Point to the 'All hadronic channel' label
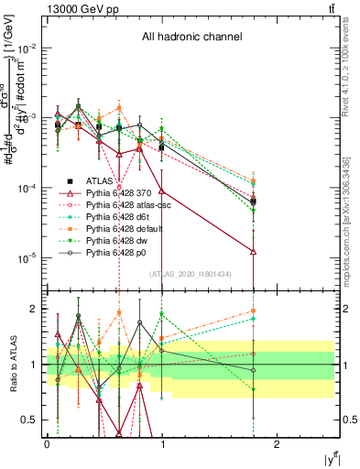tap(191, 38)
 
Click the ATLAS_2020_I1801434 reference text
tap(190, 275)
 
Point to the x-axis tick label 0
tap(47, 442)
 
